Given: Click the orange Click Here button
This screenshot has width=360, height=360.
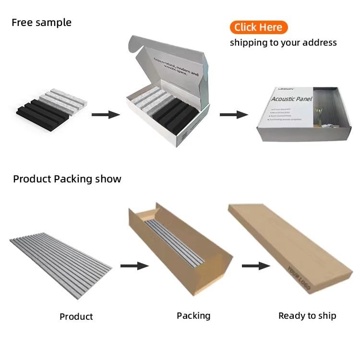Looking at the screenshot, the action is click(x=258, y=27).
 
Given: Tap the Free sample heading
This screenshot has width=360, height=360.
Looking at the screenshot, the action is click(x=41, y=23).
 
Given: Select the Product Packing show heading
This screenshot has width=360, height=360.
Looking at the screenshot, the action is click(x=67, y=179).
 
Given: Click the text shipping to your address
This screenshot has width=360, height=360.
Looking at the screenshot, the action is click(x=283, y=43).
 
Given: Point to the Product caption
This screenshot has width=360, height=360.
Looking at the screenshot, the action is click(x=76, y=316).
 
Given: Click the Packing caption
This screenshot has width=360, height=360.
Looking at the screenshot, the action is click(x=193, y=315).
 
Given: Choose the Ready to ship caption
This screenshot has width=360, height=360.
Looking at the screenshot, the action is click(x=307, y=315).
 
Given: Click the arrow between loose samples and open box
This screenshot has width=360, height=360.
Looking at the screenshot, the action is click(x=106, y=115).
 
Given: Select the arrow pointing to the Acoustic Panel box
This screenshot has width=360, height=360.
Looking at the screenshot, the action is click(x=234, y=115).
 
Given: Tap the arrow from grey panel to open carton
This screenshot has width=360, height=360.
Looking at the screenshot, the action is click(x=133, y=265).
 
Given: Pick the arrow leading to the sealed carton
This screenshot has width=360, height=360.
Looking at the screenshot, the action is click(x=255, y=265).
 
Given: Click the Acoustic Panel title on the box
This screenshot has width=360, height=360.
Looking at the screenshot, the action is click(x=292, y=99).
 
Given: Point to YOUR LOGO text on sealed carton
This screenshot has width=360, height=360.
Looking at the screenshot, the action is click(x=298, y=278).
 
